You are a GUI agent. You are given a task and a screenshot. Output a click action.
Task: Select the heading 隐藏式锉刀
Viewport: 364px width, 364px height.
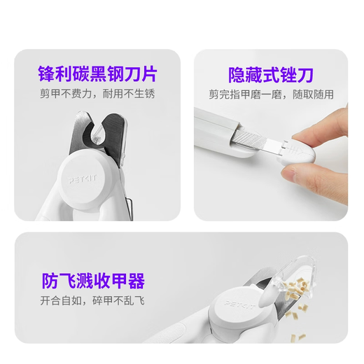click(x=271, y=73)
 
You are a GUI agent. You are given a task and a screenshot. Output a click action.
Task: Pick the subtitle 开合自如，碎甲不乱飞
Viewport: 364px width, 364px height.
click(x=92, y=302)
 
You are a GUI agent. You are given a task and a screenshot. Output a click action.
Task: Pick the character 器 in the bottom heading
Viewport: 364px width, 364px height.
click(x=136, y=281)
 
